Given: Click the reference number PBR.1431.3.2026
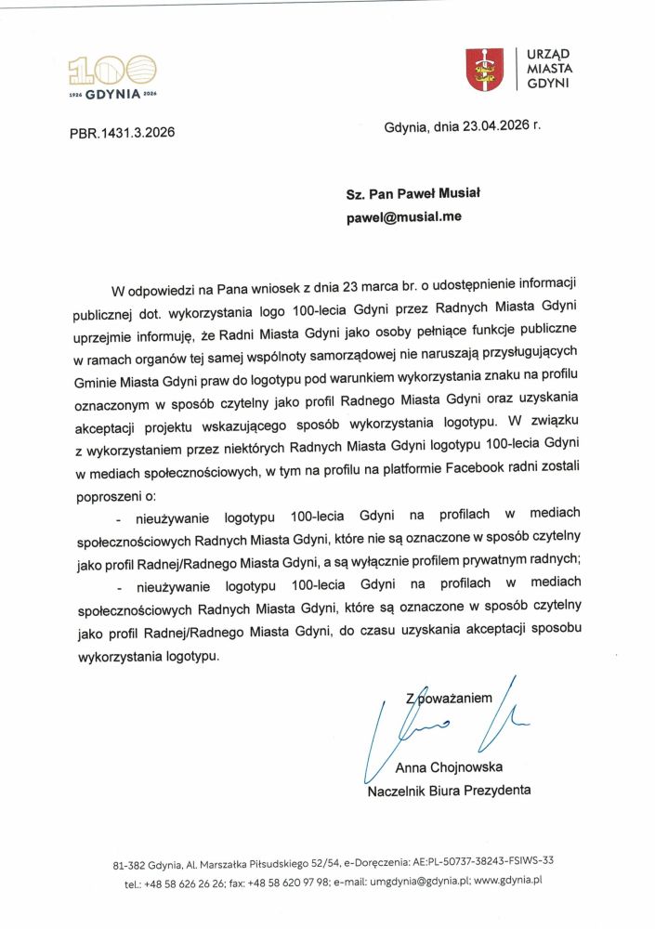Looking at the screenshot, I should (x=122, y=132).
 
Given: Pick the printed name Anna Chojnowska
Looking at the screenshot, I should (x=449, y=767).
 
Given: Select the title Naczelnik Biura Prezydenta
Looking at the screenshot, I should (x=449, y=791).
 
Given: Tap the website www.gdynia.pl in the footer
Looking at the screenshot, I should (x=507, y=879).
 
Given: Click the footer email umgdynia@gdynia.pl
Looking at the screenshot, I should (x=417, y=879).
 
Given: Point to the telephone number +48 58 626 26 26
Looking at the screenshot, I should (x=184, y=880).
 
